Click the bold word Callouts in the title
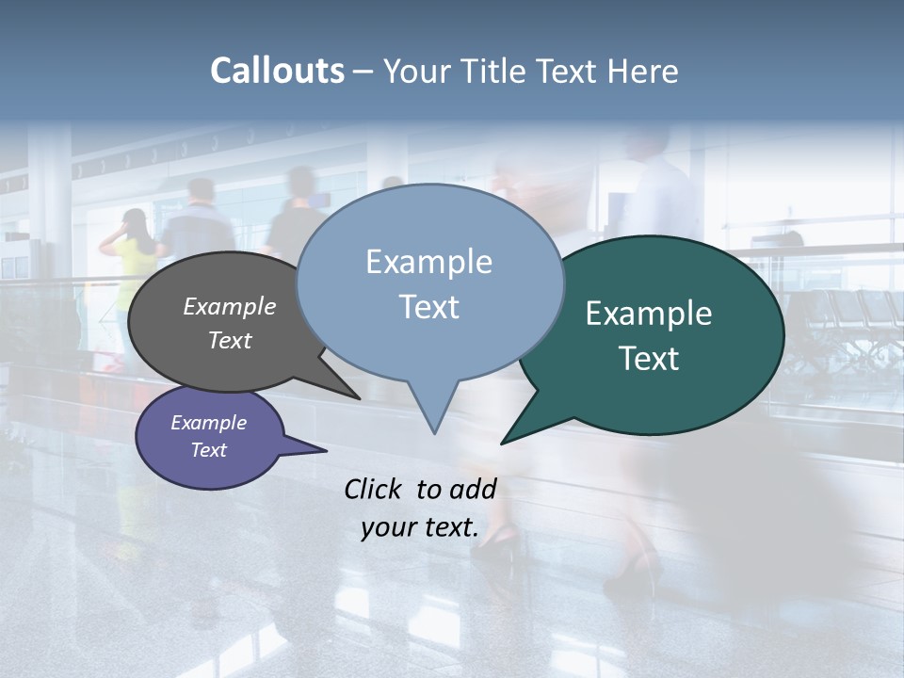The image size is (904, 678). [277, 71]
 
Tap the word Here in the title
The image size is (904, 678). [641, 71]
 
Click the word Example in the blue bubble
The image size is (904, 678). [428, 262]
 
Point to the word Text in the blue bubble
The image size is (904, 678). [428, 307]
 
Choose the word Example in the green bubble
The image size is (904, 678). [648, 314]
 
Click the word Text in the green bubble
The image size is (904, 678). [649, 359]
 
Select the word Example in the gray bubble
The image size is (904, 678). [230, 306]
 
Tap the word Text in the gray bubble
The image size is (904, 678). [230, 340]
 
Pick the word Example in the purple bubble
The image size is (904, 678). [208, 423]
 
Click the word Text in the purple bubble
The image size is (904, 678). [208, 450]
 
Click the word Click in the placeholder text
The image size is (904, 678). [374, 489]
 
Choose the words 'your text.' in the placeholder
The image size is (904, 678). [420, 527]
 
